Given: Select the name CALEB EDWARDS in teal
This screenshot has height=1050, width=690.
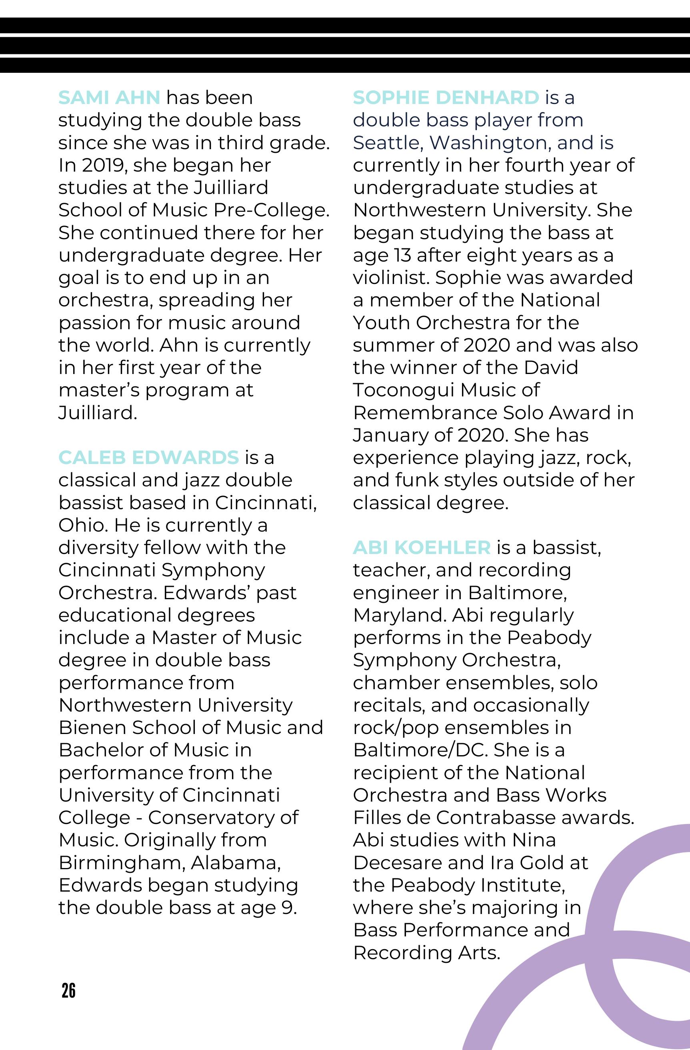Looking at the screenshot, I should pyautogui.click(x=148, y=458).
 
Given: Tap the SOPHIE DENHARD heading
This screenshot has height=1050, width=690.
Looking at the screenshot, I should pyautogui.click(x=446, y=98).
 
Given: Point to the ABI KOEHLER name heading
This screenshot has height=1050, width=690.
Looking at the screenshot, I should pyautogui.click(x=421, y=548).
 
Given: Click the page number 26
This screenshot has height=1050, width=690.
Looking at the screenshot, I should pyautogui.click(x=69, y=990).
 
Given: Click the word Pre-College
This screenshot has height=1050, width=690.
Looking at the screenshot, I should pyautogui.click(x=271, y=210).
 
